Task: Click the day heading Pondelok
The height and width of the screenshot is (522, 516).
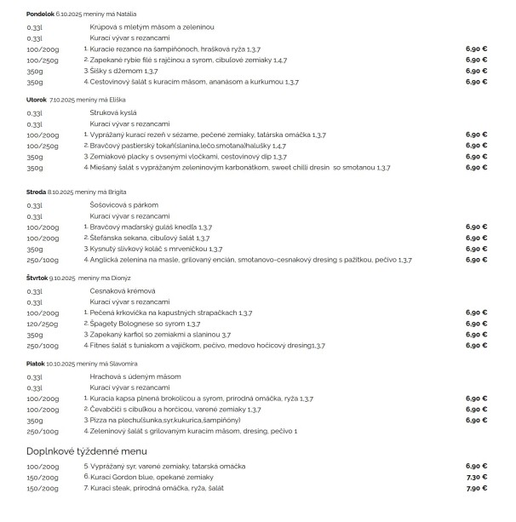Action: (40, 14)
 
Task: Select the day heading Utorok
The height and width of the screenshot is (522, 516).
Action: (37, 99)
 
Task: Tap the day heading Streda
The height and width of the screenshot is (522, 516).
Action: (36, 192)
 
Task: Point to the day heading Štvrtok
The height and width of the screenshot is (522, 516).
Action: (37, 277)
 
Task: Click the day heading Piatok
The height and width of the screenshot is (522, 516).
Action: (36, 363)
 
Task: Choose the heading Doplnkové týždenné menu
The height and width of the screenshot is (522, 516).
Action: (87, 450)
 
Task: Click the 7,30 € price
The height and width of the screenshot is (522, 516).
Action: (476, 477)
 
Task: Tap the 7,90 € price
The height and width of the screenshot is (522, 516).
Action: (476, 488)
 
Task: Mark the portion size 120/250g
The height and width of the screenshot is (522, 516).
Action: (43, 324)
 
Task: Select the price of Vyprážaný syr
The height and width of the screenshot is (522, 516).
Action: (476, 466)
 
